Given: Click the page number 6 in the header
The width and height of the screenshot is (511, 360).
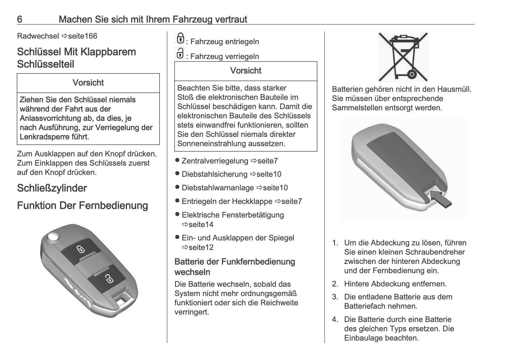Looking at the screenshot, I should [x=19, y=19].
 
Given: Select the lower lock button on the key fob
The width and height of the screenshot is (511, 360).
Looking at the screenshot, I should [x=108, y=279].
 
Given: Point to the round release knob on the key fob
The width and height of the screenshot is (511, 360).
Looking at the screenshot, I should [x=54, y=237].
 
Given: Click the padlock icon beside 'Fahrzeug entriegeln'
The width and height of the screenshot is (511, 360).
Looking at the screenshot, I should [x=180, y=38].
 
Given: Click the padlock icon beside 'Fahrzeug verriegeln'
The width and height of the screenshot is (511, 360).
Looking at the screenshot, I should [x=180, y=53].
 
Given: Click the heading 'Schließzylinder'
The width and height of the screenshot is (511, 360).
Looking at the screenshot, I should [x=52, y=188].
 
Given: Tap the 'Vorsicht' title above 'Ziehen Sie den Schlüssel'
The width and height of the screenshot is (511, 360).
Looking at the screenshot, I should [x=88, y=83].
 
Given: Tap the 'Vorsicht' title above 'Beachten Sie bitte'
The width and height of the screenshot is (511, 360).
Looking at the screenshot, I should [x=246, y=71].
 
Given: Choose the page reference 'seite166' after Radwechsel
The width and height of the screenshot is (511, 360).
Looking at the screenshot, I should [x=82, y=36].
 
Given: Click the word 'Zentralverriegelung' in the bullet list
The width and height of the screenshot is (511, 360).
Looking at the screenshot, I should [x=215, y=161].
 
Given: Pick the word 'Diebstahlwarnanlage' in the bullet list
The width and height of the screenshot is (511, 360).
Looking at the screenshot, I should [x=218, y=188].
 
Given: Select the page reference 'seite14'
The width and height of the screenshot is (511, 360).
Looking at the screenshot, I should [x=201, y=225].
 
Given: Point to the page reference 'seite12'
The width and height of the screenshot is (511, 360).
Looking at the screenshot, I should [x=201, y=248].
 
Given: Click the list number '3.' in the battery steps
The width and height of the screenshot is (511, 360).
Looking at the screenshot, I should [x=335, y=297].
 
